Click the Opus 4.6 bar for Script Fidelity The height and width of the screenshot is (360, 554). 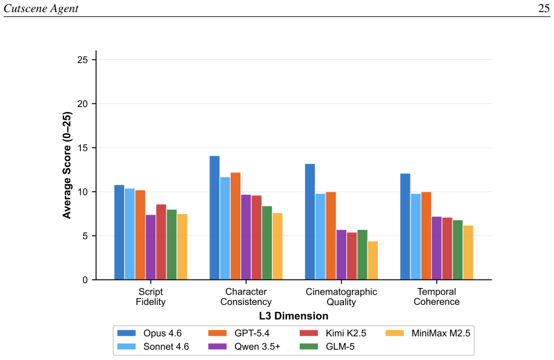(x=119, y=232)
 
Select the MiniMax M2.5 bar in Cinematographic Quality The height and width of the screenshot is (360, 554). (x=373, y=260)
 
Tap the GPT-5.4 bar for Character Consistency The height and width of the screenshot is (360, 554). (x=236, y=226)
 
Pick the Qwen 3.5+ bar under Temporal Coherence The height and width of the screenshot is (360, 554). (x=437, y=248)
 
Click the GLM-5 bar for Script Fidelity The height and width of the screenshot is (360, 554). (x=172, y=244)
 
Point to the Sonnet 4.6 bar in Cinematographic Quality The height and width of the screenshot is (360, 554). (x=320, y=237)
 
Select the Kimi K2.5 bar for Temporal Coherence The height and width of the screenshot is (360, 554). (x=447, y=249)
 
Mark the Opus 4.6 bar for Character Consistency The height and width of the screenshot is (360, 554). (x=214, y=218)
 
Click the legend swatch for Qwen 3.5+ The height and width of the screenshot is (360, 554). (x=217, y=346)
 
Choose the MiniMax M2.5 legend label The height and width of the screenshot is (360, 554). (x=441, y=333)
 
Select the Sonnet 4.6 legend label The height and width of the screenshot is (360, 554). (x=166, y=347)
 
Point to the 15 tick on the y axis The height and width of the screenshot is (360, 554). (x=94, y=148)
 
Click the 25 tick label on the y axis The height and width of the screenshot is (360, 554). (x=82, y=60)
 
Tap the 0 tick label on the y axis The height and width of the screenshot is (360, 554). (x=85, y=280)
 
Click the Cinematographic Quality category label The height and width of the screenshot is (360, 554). (x=341, y=296)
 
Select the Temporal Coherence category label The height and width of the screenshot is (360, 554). (x=437, y=296)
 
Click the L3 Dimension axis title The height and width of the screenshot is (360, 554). (x=294, y=316)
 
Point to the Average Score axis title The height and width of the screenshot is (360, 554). (x=67, y=165)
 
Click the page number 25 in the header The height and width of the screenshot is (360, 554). (x=544, y=8)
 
